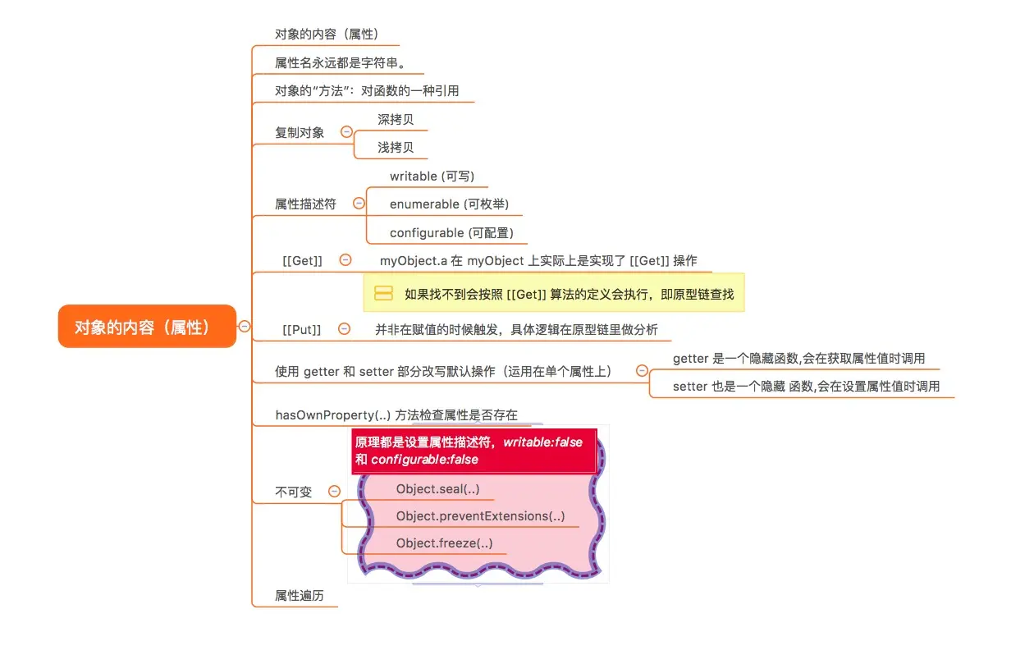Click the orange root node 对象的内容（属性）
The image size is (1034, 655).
pos(147,327)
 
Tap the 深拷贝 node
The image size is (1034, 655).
pos(396,120)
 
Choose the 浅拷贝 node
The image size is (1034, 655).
pos(396,148)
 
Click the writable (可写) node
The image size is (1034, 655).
pos(432,176)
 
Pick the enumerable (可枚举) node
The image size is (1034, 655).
pos(443,204)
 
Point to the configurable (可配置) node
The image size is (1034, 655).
pos(451,233)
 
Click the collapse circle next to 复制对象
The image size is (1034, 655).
pos(346,131)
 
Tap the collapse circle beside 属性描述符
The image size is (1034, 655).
pos(358,203)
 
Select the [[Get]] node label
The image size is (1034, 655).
pos(302,260)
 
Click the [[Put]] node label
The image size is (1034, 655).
pos(301,329)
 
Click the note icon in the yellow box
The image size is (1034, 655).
pos(383,294)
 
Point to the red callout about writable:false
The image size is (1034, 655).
pos(474,451)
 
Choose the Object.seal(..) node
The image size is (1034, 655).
pos(437,489)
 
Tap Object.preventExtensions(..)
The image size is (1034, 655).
pos(480,516)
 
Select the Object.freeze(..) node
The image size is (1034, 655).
pos(444,543)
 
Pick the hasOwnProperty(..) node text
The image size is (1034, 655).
pos(396,415)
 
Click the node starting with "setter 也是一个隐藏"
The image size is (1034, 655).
pos(806,386)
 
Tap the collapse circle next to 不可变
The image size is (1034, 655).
pos(334,492)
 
